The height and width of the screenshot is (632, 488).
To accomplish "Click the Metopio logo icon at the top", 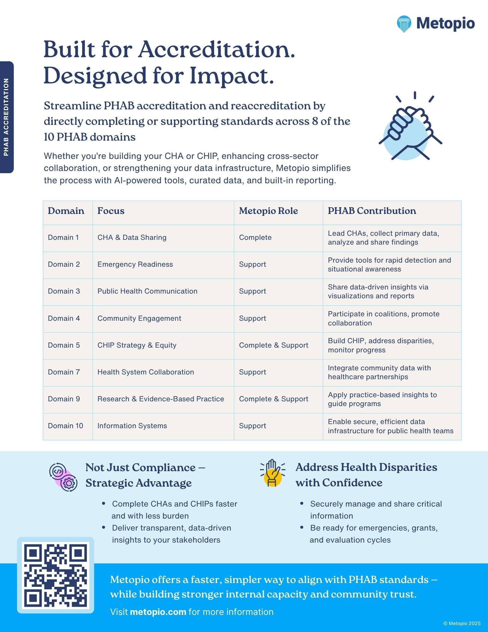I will point(404,24).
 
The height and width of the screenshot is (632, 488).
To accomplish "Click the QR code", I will point(56,575).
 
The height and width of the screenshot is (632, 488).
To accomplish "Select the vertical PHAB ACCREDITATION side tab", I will point(6,117).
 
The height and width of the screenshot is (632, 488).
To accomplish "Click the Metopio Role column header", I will point(268,211).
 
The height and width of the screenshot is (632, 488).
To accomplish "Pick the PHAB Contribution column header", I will point(371,211).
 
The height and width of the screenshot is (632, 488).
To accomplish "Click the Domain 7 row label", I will point(64,372).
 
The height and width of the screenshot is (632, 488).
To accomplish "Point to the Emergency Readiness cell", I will point(135,264).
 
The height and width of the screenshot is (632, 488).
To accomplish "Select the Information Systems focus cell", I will point(132,426).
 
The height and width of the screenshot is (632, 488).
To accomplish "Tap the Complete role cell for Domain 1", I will point(255,237).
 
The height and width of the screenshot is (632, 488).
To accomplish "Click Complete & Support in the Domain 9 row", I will point(273,399).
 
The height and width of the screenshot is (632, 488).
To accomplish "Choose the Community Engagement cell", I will point(139,318).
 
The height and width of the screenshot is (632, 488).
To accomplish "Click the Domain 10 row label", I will point(65,426).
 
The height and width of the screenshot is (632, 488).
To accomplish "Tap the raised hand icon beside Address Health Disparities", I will point(272,473).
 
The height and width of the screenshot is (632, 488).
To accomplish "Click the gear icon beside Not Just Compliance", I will point(69,483).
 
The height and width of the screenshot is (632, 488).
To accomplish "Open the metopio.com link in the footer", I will point(158,612).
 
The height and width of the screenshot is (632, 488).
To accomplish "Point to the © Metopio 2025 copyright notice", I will point(462,623).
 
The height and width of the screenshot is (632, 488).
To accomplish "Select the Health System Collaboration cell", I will point(145,372).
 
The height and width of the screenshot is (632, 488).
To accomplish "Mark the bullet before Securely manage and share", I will point(302,503).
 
